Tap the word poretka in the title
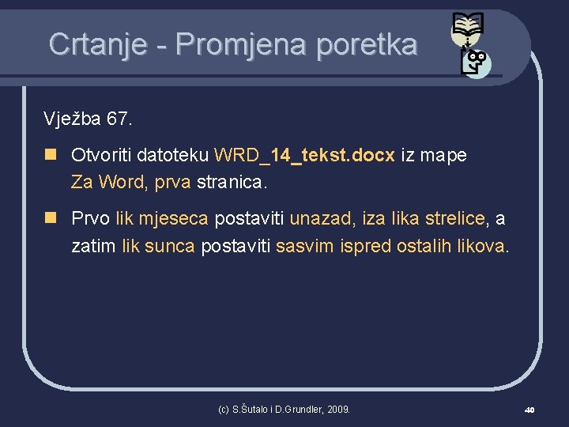(x=366, y=44)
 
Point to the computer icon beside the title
(x=477, y=62)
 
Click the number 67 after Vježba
(x=117, y=119)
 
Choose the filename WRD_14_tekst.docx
(x=304, y=155)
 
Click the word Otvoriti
(x=101, y=155)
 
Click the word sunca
(x=169, y=246)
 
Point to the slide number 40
(x=529, y=410)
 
